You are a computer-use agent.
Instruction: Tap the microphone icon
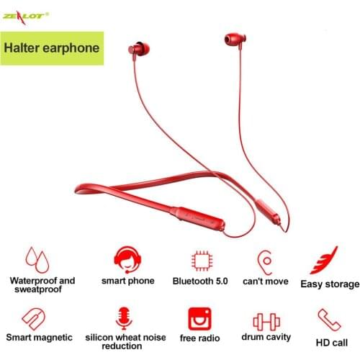(x=121, y=318)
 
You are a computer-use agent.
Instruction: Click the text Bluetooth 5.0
(x=200, y=279)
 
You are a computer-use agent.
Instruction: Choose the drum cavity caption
(x=266, y=336)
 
